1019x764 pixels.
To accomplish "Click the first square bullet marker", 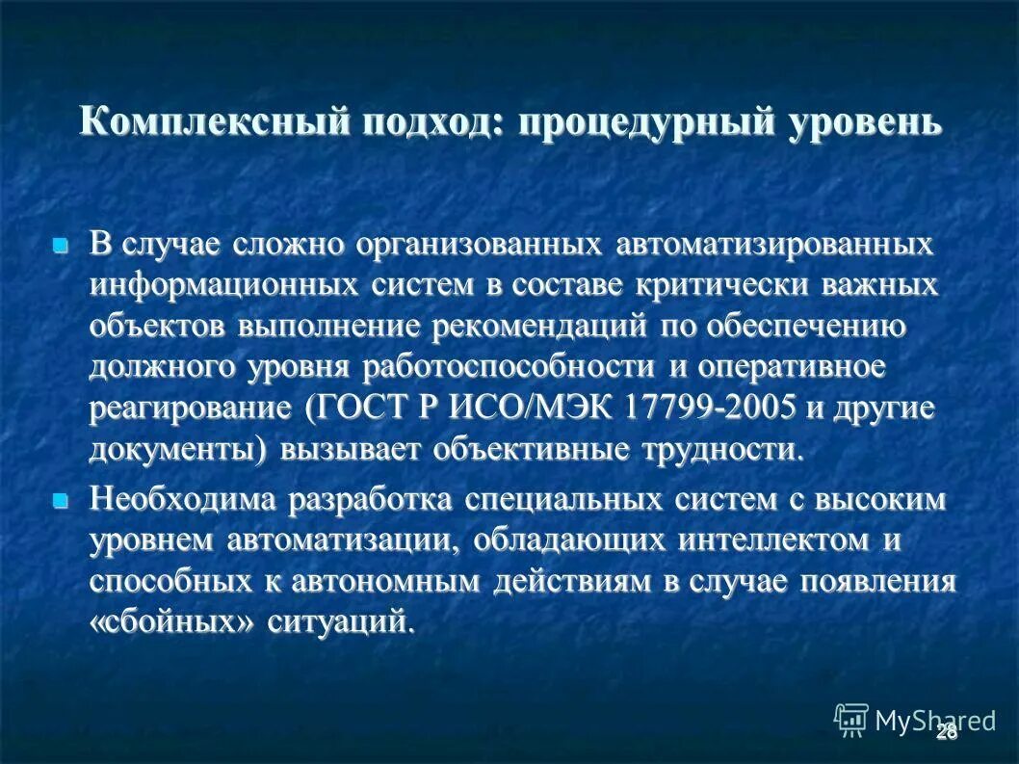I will pos(61,246).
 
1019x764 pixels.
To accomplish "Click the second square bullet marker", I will pos(61,501).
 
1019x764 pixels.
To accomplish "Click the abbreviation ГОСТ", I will pos(363,408).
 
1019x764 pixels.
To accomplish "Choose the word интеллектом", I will pos(748,540).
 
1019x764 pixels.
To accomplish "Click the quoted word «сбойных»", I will pos(174,622).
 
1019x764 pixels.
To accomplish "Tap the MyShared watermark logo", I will pos(915,719).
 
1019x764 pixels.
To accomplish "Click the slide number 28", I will pos(947,732).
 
